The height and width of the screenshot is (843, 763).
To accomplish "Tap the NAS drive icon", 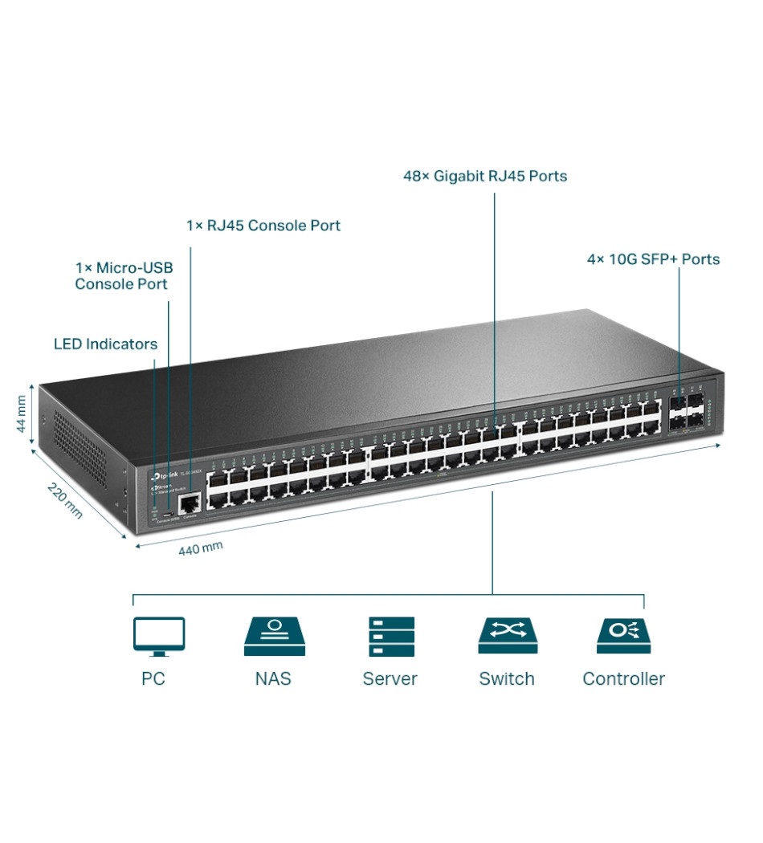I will (x=274, y=636).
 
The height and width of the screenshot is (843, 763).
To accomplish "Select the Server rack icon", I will (x=391, y=636).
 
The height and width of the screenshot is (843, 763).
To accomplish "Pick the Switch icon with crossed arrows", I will (x=507, y=636).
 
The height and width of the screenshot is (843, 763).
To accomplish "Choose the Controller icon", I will (x=623, y=636).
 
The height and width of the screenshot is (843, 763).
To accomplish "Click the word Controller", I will (x=623, y=679).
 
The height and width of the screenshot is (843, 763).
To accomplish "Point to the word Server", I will (x=390, y=679).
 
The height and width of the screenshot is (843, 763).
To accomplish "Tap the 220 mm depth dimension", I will (x=64, y=499).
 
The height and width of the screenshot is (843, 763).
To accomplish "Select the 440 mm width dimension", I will (x=201, y=548).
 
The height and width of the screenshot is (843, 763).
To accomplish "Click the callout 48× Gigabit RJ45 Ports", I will (x=485, y=176).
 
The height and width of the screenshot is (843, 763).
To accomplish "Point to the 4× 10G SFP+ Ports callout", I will (x=652, y=259).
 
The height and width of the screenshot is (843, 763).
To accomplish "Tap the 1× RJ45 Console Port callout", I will (x=263, y=226).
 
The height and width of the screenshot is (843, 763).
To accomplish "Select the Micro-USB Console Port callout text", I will (x=123, y=275).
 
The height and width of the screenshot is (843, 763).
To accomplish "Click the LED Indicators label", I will (x=105, y=344).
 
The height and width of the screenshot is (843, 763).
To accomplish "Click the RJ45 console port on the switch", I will (x=190, y=504).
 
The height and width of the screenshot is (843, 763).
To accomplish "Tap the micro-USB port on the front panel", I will (x=167, y=513).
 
